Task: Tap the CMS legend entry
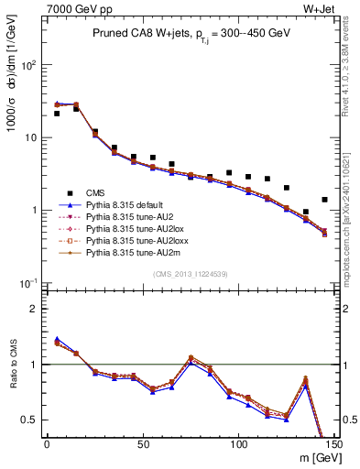click(x=95, y=193)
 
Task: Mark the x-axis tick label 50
click(x=143, y=446)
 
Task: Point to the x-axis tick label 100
click(x=238, y=446)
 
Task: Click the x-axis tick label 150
click(x=333, y=446)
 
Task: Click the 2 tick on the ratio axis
click(x=35, y=309)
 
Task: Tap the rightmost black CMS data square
click(x=324, y=200)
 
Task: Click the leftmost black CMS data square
click(x=57, y=114)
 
